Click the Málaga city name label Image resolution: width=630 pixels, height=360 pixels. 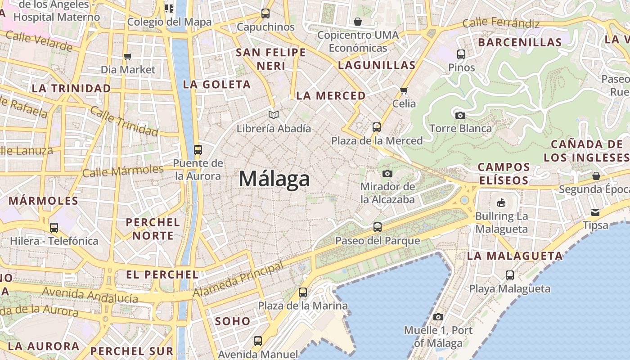274,179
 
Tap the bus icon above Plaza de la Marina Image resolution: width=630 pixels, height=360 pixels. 303,292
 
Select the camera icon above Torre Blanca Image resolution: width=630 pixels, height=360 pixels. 460,115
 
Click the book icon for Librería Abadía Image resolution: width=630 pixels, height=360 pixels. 274,115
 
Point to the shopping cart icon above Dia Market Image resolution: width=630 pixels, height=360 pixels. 128,57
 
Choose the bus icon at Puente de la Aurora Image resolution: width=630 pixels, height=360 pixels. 198,150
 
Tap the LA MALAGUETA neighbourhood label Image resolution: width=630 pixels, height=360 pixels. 515,256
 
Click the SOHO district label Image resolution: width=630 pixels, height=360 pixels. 233,321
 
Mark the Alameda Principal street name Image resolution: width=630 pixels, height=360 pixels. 239,279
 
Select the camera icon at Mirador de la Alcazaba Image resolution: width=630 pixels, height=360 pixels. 387,173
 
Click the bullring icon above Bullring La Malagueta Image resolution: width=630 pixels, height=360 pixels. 501,202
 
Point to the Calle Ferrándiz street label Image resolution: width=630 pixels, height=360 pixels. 501,22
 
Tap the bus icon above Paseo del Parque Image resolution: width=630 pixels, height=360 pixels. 378,227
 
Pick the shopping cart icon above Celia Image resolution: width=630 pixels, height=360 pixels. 404,90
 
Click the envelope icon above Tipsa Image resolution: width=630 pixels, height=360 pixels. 595,212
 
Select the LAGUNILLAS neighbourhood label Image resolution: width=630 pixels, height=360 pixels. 377,65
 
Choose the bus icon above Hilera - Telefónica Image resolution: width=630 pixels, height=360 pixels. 54,228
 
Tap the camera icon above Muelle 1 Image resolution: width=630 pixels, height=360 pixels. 438,317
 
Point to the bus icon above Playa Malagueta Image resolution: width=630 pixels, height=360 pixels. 510,275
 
